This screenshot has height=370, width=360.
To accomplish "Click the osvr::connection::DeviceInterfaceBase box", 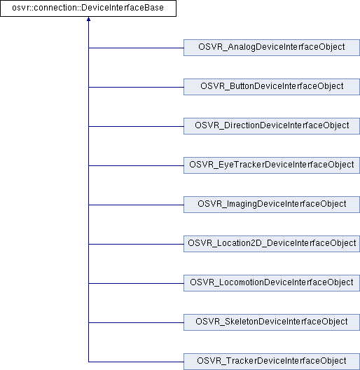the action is pyautogui.click(x=88, y=8).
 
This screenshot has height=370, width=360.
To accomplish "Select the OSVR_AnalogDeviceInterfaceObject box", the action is pyautogui.click(x=272, y=48).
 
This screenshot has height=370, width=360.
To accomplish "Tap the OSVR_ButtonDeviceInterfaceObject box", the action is pyautogui.click(x=272, y=87).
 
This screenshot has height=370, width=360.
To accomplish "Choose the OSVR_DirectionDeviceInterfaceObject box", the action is pyautogui.click(x=272, y=126).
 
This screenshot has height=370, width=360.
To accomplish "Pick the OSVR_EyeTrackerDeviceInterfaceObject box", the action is pyautogui.click(x=272, y=165).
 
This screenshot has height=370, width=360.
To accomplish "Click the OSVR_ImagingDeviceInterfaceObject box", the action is pyautogui.click(x=272, y=205).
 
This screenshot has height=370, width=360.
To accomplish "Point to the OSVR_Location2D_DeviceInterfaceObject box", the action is pyautogui.click(x=272, y=244).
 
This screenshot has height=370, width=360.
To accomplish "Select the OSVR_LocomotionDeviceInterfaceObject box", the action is pyautogui.click(x=272, y=283).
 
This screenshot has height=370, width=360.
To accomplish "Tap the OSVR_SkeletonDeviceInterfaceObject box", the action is pyautogui.click(x=272, y=322).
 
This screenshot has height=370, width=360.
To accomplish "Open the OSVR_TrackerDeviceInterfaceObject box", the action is pyautogui.click(x=272, y=362).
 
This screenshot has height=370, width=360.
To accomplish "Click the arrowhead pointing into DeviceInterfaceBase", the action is pyautogui.click(x=88, y=19).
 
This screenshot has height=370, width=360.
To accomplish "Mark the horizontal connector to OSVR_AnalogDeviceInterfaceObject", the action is pyautogui.click(x=136, y=48).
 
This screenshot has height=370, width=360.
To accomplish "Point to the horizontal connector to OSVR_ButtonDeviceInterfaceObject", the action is pyautogui.click(x=136, y=87).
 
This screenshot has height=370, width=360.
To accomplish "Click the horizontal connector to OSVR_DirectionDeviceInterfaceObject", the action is pyautogui.click(x=136, y=126).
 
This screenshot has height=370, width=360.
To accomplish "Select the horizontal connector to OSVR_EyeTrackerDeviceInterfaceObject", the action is pyautogui.click(x=136, y=165).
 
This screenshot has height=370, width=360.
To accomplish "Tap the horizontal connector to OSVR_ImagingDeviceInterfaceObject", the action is pyautogui.click(x=136, y=205).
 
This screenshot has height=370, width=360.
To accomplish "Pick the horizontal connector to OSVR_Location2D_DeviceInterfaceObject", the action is pyautogui.click(x=136, y=244).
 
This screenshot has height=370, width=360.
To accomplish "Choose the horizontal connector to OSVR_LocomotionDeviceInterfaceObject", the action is pyautogui.click(x=136, y=283).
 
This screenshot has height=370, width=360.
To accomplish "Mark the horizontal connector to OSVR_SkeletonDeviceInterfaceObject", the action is pyautogui.click(x=136, y=322).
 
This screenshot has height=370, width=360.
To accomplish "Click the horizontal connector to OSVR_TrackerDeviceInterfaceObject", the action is pyautogui.click(x=136, y=362).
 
